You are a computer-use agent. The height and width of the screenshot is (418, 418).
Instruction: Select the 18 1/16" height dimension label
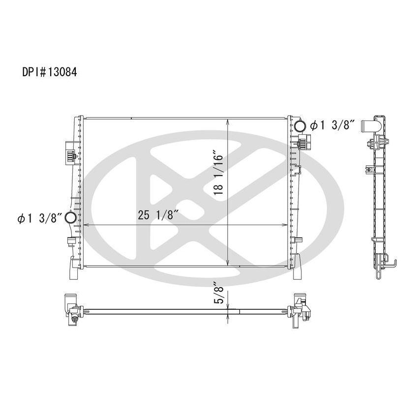[x=218, y=174]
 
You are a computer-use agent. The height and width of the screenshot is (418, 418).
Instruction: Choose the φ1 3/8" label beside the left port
[x=38, y=218]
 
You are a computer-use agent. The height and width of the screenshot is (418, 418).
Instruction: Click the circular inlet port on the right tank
[x=300, y=125]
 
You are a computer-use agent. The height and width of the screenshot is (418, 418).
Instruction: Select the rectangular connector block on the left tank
[x=69, y=151]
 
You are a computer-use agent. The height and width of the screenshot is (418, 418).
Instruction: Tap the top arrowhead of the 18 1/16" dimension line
[x=227, y=121]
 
